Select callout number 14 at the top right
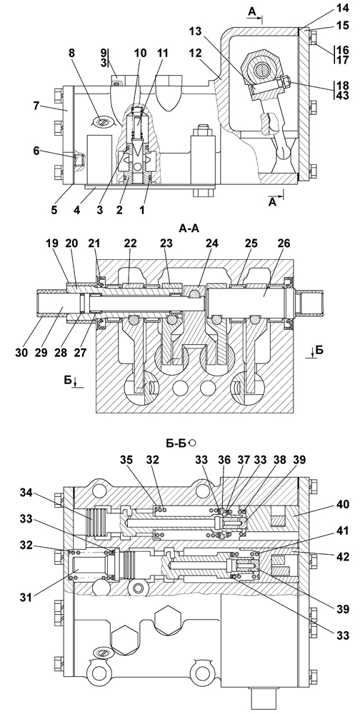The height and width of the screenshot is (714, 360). [344, 9]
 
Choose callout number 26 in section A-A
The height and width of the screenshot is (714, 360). [284, 243]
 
